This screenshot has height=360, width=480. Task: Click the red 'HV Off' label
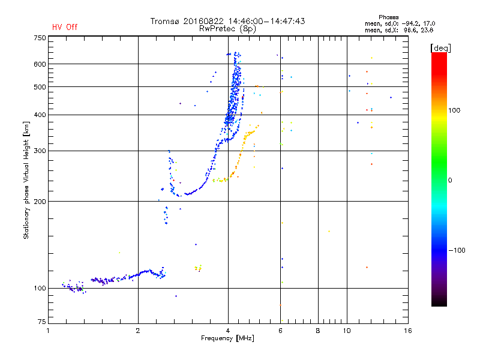tap(64, 27)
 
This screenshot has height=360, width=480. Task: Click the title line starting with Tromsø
tap(227, 21)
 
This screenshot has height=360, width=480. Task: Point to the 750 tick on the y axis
tap(40, 38)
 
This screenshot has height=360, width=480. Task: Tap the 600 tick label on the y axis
tap(40, 64)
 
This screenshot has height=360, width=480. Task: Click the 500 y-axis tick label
tap(40, 87)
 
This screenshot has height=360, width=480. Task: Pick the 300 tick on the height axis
tap(40, 151)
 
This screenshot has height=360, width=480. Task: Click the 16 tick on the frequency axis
tap(407, 331)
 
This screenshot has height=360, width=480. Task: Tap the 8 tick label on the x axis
tap(318, 331)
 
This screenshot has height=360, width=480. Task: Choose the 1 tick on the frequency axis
tap(49, 331)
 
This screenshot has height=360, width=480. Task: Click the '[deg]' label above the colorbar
tap(441, 47)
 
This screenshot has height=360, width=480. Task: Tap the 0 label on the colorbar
tap(451, 180)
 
